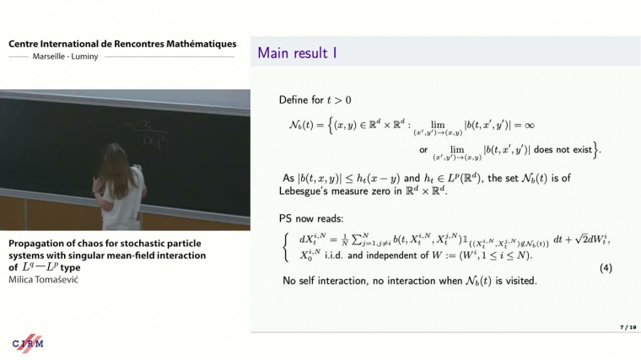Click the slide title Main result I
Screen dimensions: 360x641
coord(298,53)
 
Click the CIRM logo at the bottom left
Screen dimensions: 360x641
coord(28,343)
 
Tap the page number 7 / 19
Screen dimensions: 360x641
coord(625,325)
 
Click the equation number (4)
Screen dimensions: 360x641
coord(605,267)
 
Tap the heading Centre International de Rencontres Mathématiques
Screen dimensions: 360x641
coord(122,44)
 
